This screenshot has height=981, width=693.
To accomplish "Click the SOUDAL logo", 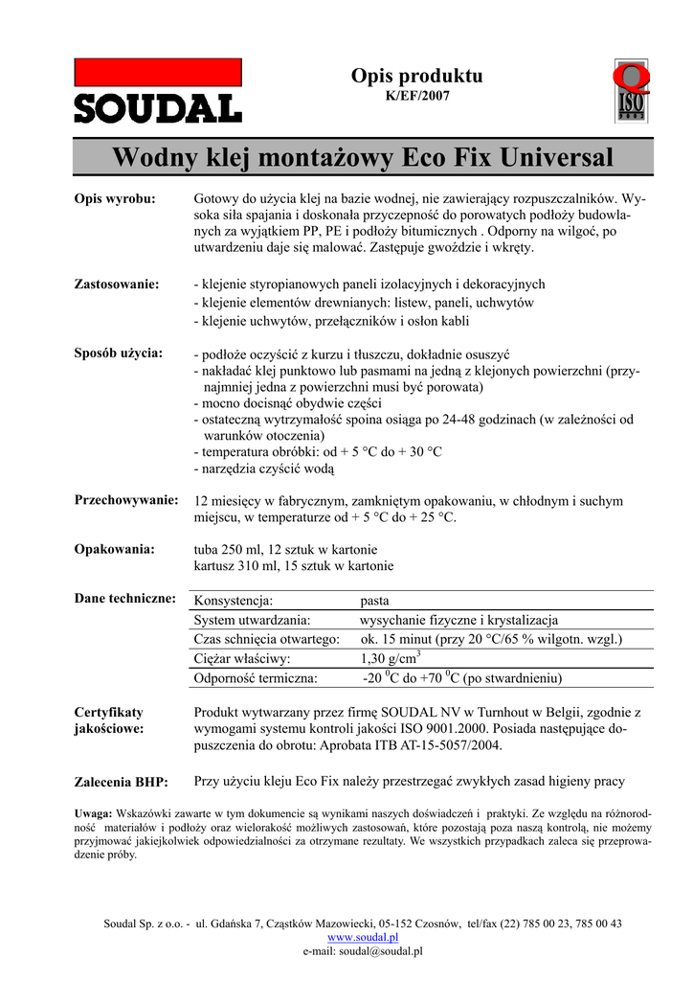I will [158, 91].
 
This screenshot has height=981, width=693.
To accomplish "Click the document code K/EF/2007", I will [416, 96].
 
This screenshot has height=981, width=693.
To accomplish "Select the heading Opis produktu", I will [416, 76].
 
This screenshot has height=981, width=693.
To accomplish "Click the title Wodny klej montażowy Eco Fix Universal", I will [363, 156].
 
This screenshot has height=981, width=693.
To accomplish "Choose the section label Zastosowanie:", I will [117, 284].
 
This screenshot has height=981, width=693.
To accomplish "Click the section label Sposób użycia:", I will [119, 353].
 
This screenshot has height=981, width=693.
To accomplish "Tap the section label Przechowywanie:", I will [127, 500].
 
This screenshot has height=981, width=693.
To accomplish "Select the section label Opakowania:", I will [115, 549].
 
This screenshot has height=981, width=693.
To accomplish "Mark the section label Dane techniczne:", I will [125, 599].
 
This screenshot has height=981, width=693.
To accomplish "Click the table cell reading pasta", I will [375, 601].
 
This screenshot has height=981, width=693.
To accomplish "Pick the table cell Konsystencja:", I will [234, 601].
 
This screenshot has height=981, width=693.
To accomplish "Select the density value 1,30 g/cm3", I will [391, 657].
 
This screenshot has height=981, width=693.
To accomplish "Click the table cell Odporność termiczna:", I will [256, 677].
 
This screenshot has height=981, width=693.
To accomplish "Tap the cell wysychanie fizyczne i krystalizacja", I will [459, 620].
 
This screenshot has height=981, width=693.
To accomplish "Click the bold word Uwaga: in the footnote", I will [94, 812].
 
